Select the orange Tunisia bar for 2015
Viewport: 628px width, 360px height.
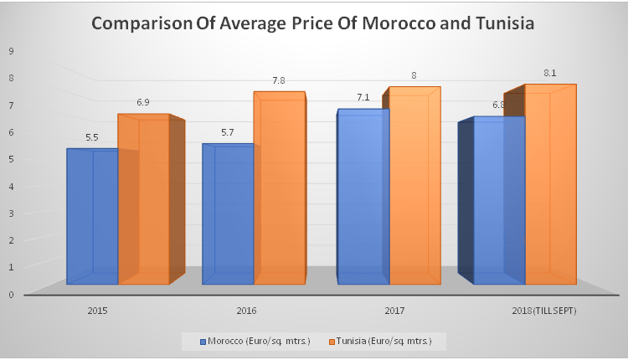(144, 201)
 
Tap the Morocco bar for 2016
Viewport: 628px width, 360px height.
(228, 214)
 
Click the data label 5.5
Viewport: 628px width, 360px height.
(92, 136)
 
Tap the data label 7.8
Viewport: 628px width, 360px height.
(278, 80)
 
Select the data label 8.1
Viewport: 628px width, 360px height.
(548, 73)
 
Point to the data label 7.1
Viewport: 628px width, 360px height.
(364, 98)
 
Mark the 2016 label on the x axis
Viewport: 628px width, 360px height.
(246, 311)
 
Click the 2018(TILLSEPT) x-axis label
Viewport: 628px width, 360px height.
(543, 311)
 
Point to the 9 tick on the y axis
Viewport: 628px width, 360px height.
(11, 50)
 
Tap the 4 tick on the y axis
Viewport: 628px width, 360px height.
(11, 186)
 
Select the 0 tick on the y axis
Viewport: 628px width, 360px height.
(11, 294)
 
